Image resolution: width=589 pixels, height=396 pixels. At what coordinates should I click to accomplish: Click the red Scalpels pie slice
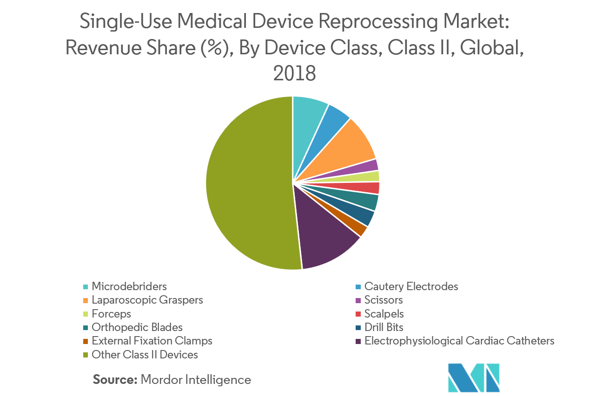[370, 188]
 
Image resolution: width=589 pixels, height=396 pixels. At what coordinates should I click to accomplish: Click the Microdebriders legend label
[129, 286]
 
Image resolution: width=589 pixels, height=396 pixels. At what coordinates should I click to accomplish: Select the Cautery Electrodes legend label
[411, 286]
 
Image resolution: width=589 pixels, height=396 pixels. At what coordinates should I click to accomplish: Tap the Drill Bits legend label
[384, 327]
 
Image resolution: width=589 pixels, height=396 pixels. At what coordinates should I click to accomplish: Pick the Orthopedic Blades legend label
[137, 327]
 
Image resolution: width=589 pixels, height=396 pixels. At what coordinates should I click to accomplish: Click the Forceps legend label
[112, 314]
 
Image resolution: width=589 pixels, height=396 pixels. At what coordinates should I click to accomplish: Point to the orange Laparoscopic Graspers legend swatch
[86, 300]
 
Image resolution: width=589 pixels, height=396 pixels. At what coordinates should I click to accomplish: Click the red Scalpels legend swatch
[357, 314]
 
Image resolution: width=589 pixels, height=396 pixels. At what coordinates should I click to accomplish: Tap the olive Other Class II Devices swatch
[86, 355]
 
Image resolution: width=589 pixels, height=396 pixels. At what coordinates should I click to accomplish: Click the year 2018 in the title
[294, 73]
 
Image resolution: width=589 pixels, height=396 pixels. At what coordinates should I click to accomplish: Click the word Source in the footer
[114, 380]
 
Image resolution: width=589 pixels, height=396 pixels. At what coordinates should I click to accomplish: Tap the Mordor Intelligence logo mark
[473, 377]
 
